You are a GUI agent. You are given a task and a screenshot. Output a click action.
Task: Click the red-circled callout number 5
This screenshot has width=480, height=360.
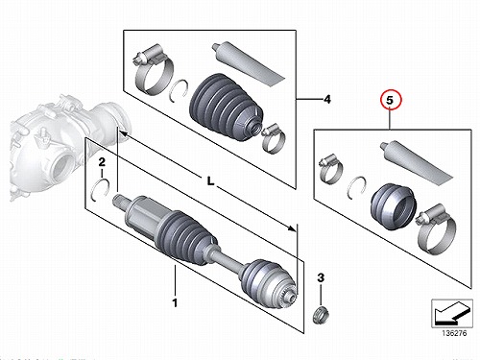coord(390,100)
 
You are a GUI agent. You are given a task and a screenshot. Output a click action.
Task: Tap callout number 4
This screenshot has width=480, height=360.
coord(327,100)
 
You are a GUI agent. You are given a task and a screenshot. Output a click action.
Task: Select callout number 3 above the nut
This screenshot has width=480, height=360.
coord(321,277)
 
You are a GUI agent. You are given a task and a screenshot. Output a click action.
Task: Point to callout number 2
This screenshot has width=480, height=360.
coord(102,162)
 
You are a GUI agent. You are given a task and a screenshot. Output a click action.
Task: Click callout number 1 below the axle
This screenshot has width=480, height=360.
coord(175,302)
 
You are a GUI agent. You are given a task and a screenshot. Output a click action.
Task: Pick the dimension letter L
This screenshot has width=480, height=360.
coord(210,181)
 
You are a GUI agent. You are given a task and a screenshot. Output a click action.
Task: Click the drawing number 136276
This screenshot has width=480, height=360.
coord(454,333)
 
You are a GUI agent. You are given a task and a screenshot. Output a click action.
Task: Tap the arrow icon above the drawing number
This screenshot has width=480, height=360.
coord(452,313)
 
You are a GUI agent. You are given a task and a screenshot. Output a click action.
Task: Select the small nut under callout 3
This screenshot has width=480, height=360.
coord(321,315)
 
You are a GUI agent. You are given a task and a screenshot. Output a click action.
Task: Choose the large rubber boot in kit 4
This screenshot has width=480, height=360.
coord(227,108)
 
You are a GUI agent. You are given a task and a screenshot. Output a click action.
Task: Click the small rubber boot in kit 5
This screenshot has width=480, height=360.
coord(394,206)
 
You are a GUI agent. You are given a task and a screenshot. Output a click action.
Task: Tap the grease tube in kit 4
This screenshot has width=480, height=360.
coord(248,63)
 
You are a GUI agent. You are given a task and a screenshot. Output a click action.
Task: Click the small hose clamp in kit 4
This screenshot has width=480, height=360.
coord(273,138)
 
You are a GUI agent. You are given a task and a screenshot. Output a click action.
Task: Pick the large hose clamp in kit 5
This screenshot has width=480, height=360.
coord(437,228)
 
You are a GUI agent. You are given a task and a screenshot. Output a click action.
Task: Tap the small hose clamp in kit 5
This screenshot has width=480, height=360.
coord(331,169)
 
